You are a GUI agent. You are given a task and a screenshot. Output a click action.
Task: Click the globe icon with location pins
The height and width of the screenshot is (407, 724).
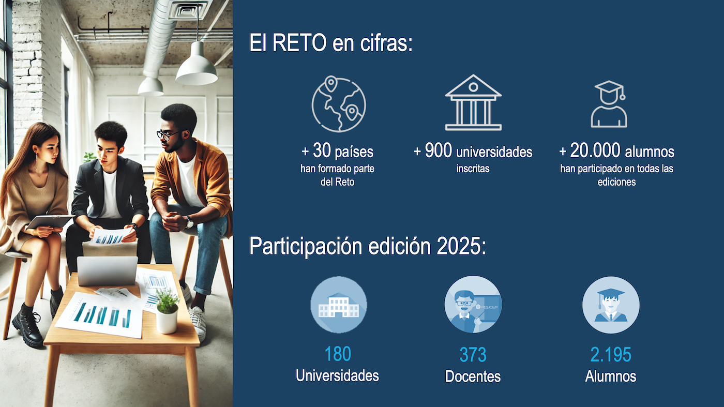coord(339,105)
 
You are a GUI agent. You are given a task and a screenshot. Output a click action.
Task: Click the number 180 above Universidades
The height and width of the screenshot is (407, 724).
coord(337,354)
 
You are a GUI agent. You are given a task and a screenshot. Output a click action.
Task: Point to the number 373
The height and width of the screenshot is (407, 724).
coord(473,355)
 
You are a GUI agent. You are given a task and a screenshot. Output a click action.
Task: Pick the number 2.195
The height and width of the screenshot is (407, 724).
coord(611,355)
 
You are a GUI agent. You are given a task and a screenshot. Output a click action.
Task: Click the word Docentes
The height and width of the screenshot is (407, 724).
coord(473,376)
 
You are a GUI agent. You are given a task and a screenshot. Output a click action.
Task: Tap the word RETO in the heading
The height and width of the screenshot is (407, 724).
coord(300,42)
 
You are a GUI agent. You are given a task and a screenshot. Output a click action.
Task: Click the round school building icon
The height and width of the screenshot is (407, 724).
coord(339,305)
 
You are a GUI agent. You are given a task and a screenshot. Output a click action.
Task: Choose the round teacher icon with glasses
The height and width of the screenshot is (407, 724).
coord(473,305)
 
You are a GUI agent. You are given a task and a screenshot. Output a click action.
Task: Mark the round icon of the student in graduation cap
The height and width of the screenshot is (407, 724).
coord(611,305)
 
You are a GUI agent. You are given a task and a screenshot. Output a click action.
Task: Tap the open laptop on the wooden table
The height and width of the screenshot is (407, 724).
coord(108,270)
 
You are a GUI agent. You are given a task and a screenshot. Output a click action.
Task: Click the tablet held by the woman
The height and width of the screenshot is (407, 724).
coord(49,221)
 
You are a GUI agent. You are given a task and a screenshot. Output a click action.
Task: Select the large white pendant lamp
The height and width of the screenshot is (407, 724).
coord(197,67)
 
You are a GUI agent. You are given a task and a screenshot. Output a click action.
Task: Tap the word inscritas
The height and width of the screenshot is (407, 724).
coord(473,169)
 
